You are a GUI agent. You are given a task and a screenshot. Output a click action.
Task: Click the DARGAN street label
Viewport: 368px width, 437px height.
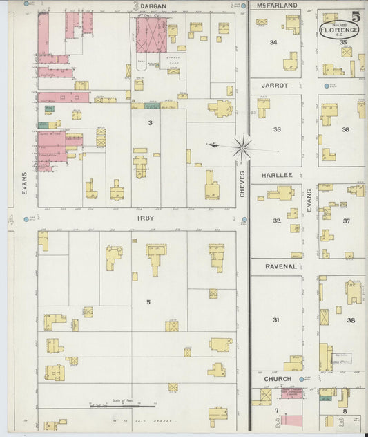153,6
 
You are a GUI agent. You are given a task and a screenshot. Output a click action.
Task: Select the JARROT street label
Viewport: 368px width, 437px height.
275,85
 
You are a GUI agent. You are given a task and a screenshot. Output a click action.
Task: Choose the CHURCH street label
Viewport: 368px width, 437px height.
277,379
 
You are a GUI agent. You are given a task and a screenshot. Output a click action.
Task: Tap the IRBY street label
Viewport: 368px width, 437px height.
145,218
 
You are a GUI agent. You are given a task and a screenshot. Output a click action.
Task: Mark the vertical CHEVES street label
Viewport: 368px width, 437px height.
242,184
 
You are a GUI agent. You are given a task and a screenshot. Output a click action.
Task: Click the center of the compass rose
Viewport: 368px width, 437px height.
242,146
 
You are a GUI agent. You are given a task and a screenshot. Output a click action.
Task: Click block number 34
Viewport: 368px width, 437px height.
273,43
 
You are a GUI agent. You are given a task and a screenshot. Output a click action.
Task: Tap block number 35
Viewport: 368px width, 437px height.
344,43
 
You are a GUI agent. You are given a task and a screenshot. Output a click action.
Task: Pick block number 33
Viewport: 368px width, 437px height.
276,129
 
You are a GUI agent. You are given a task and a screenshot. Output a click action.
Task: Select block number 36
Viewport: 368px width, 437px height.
345,129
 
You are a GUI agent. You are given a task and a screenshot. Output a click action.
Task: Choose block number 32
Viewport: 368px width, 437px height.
276,221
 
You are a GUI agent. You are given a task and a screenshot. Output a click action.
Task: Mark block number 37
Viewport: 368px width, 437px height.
347,221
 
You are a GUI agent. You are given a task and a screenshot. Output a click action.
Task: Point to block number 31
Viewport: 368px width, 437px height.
275,320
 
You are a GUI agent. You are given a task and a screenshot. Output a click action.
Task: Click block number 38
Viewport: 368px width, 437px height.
351,320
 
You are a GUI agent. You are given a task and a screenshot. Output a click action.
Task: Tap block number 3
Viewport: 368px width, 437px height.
149,123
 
